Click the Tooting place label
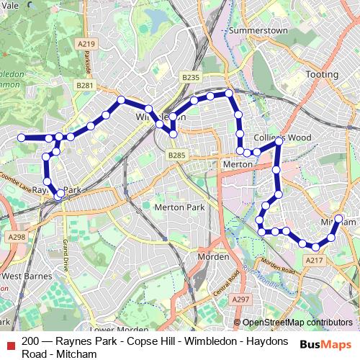pos(321,74)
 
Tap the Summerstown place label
pos(258,31)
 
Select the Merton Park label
pos(179,207)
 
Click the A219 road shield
pos(88,44)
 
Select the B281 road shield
pos(85,85)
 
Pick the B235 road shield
pos(190,77)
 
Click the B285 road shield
pos(176,155)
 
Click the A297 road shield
pos(240,299)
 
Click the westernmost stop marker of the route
pos(22,138)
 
